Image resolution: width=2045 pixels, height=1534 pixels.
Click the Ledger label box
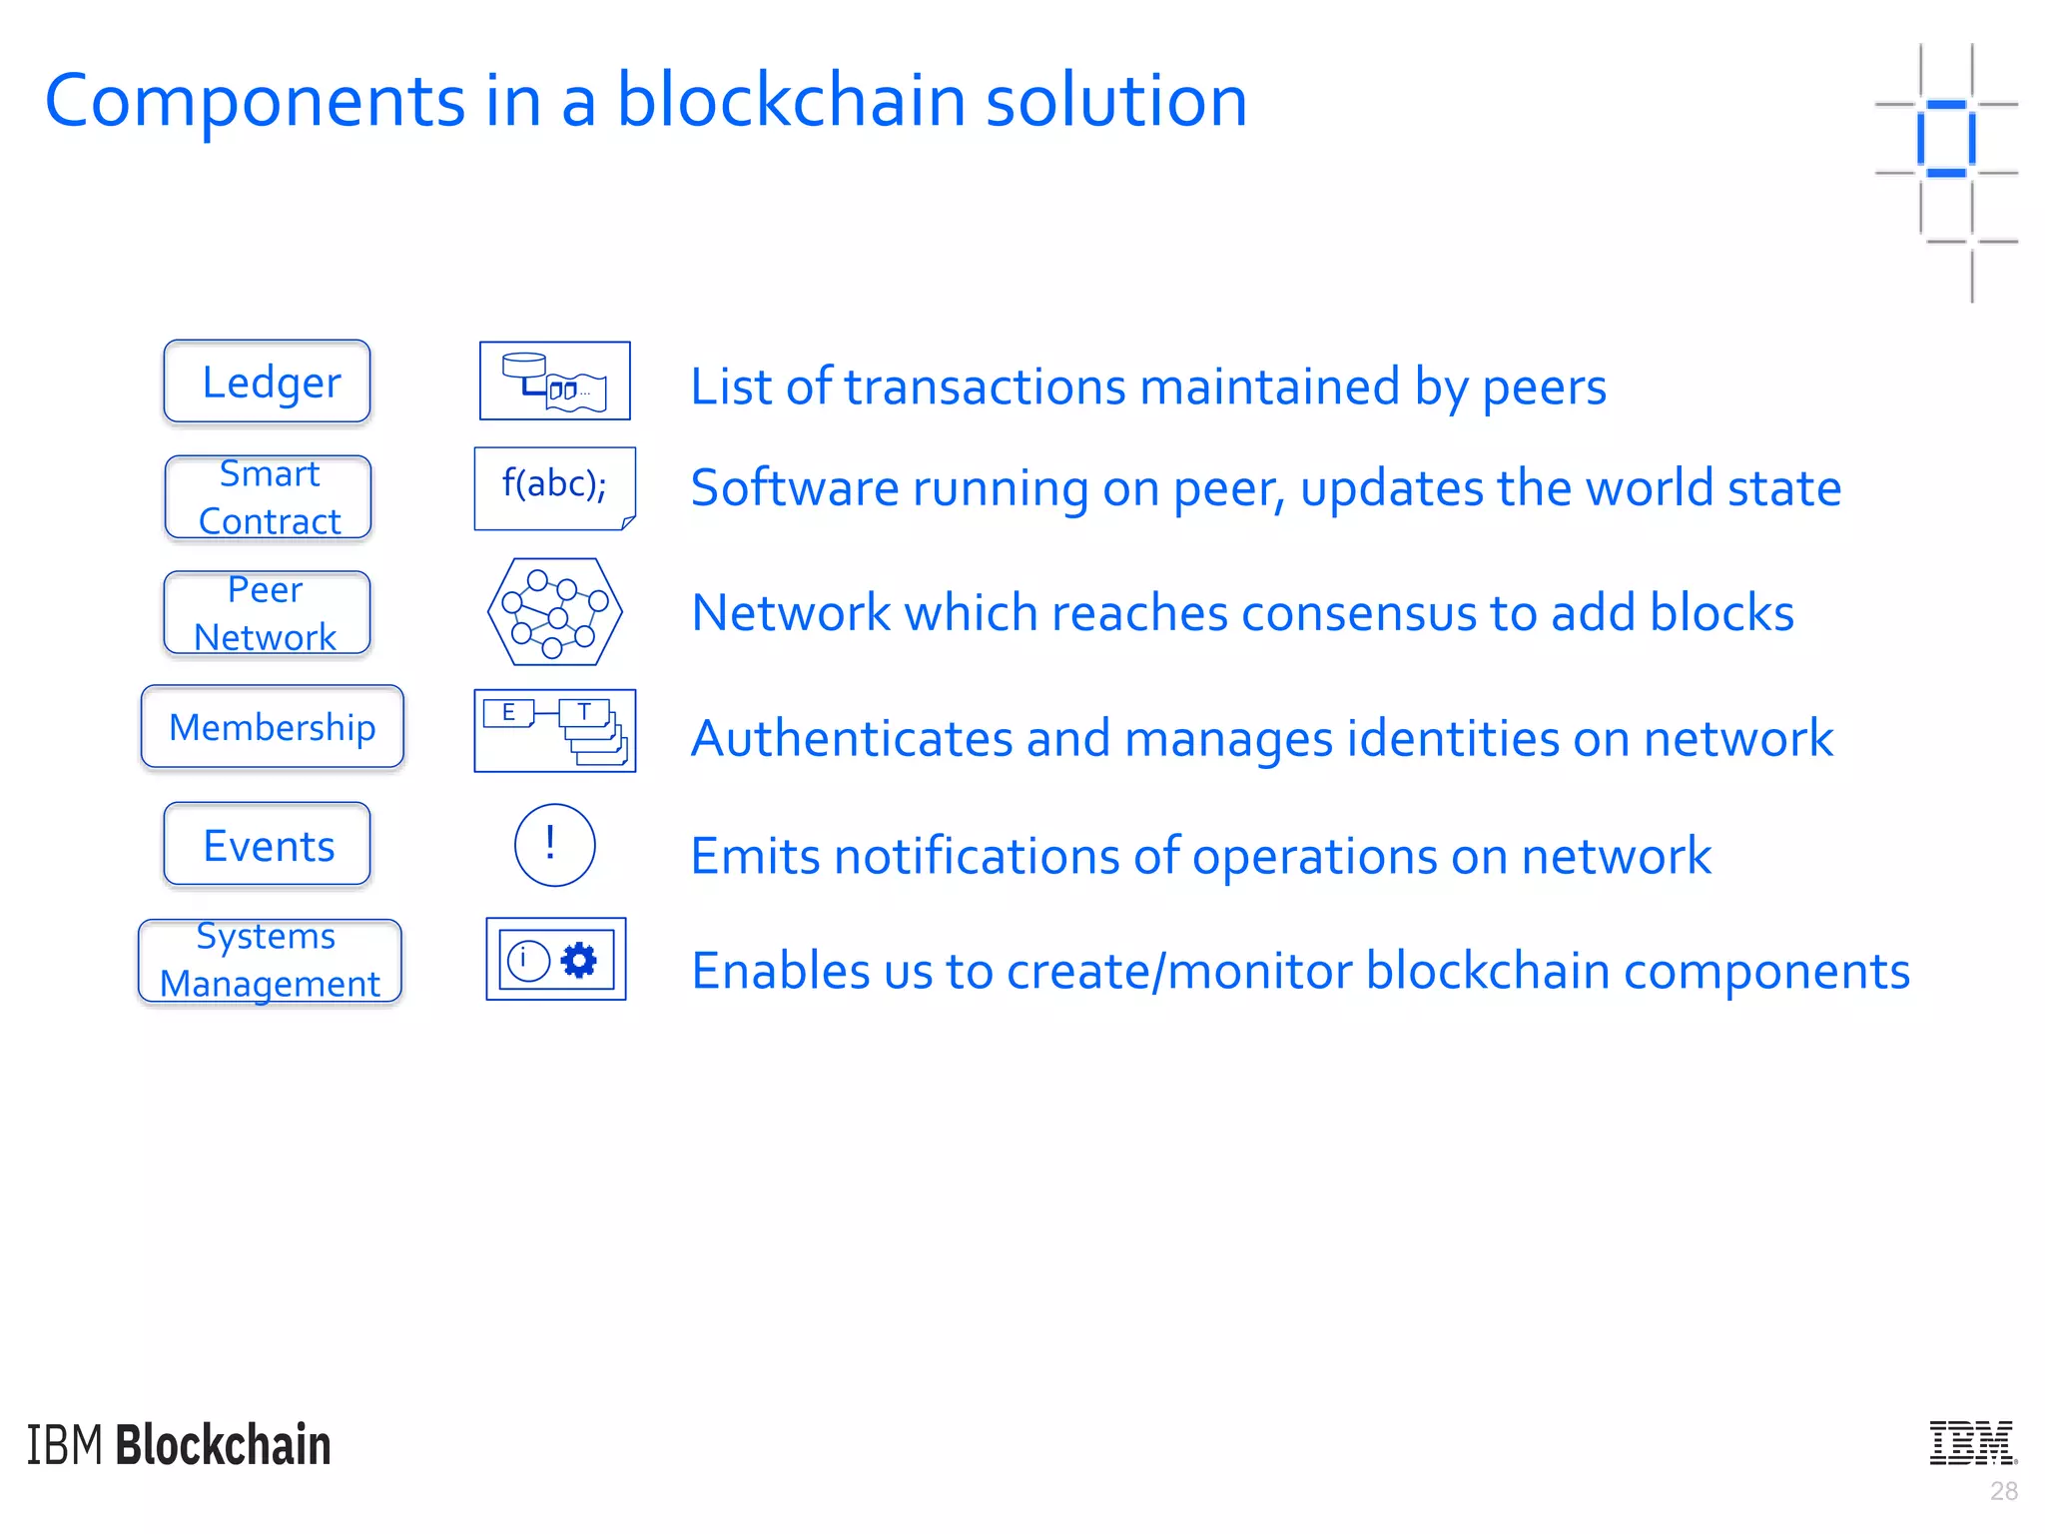pos(267,382)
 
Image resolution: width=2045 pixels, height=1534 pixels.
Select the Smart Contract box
pos(268,497)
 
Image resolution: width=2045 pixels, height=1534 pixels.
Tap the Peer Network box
pos(267,613)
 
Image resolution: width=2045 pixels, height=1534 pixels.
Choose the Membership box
pos(272,727)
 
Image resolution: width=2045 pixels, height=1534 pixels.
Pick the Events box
pos(267,845)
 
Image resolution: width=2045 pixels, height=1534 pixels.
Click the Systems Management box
pos(270,960)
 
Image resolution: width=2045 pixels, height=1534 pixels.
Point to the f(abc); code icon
pos(554,486)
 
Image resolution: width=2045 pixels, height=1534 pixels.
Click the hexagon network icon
pos(555,611)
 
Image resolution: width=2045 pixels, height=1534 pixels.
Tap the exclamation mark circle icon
pos(554,845)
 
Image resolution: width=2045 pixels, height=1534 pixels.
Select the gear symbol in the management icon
pos(579,960)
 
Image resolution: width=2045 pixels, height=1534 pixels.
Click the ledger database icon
pos(554,381)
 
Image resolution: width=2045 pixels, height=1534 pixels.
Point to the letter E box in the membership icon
pos(508,713)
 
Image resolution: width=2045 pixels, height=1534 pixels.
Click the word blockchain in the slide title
pos(791,101)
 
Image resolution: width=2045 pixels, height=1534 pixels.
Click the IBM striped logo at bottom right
pos(1973,1442)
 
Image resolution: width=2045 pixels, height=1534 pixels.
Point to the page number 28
pos(2003,1491)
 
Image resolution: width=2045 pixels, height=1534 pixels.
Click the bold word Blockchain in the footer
pos(224,1445)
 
